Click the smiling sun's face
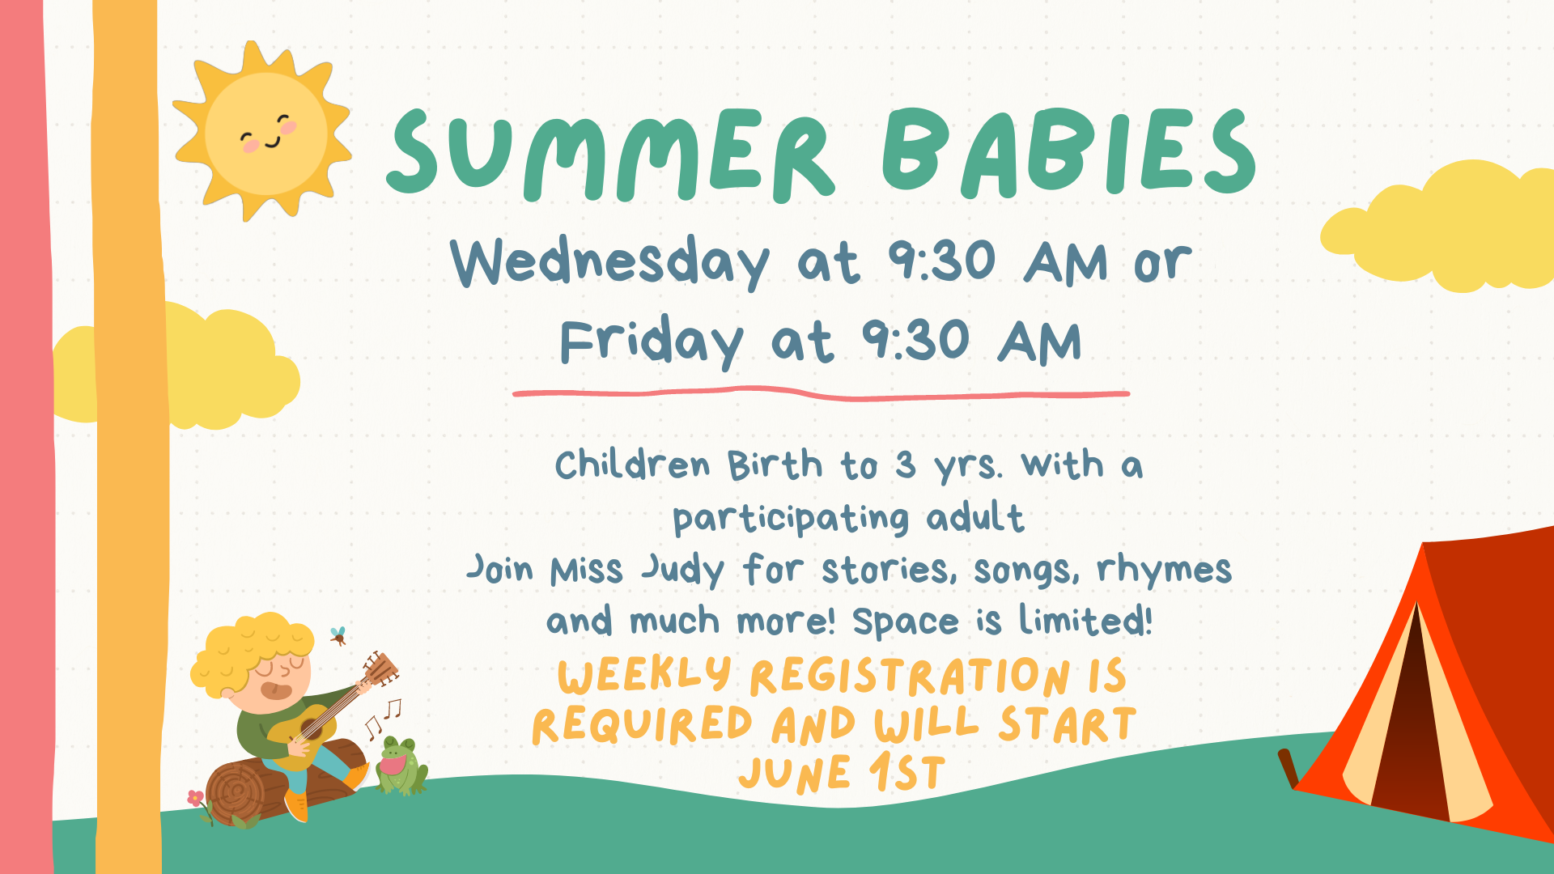tap(266, 133)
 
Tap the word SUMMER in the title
tap(610, 155)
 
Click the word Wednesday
tap(610, 261)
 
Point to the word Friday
tap(652, 340)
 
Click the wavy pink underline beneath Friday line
tap(821, 394)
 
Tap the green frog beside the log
tap(401, 766)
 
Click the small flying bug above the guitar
tap(338, 636)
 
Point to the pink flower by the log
tap(196, 798)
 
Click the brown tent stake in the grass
tap(1288, 768)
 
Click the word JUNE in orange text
tap(795, 774)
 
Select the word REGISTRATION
tap(911, 677)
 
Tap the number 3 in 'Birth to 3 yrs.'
tap(906, 465)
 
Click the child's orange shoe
tap(296, 806)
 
